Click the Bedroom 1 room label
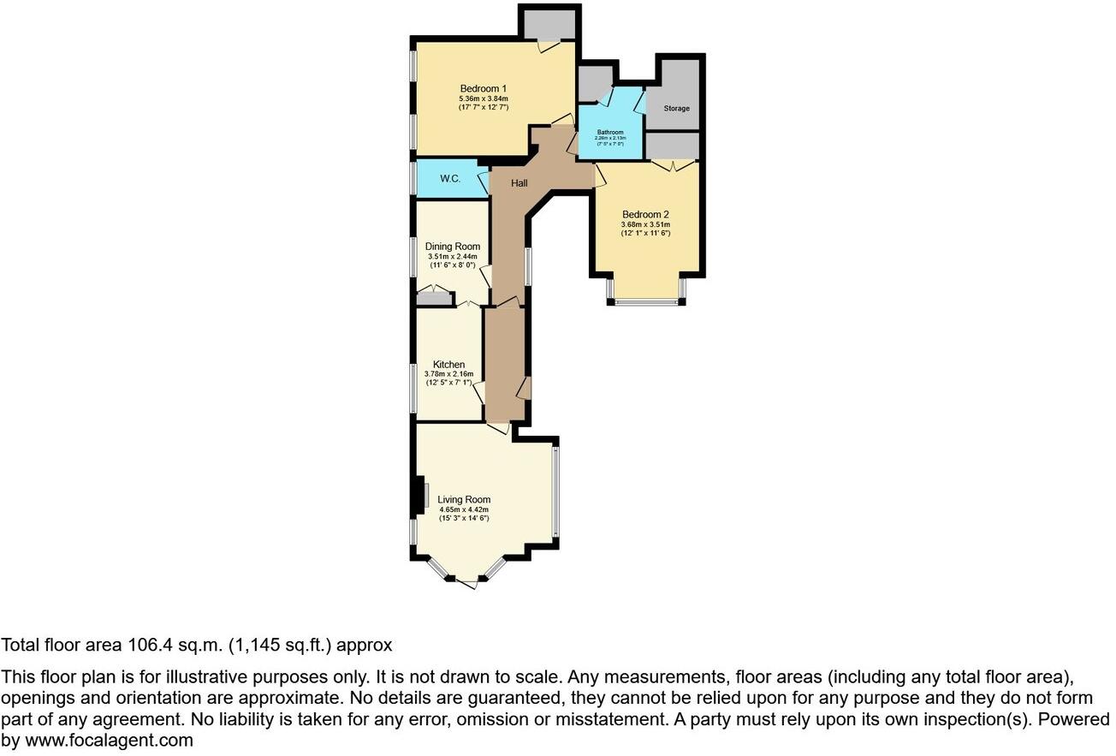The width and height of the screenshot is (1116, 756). pos(484,88)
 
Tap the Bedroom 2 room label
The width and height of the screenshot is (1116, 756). pos(645,214)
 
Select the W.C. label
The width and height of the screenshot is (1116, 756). pos(451,179)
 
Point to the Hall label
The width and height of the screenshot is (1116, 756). pos(519,183)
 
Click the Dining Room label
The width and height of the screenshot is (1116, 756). pos(453,247)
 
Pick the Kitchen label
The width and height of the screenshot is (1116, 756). pos(448,365)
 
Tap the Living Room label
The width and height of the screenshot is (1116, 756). pos(464,500)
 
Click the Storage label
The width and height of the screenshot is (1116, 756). pos(676,109)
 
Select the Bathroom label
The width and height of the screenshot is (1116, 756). pos(610,132)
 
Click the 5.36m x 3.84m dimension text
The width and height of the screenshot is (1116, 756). pos(484,98)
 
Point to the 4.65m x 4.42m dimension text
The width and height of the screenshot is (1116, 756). pos(464,509)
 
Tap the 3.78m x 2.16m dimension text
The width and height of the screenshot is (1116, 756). pos(448,374)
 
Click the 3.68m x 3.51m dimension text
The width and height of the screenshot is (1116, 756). pos(645,223)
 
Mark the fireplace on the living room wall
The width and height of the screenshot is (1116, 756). pos(419,496)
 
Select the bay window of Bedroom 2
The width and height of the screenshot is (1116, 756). pos(647,301)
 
